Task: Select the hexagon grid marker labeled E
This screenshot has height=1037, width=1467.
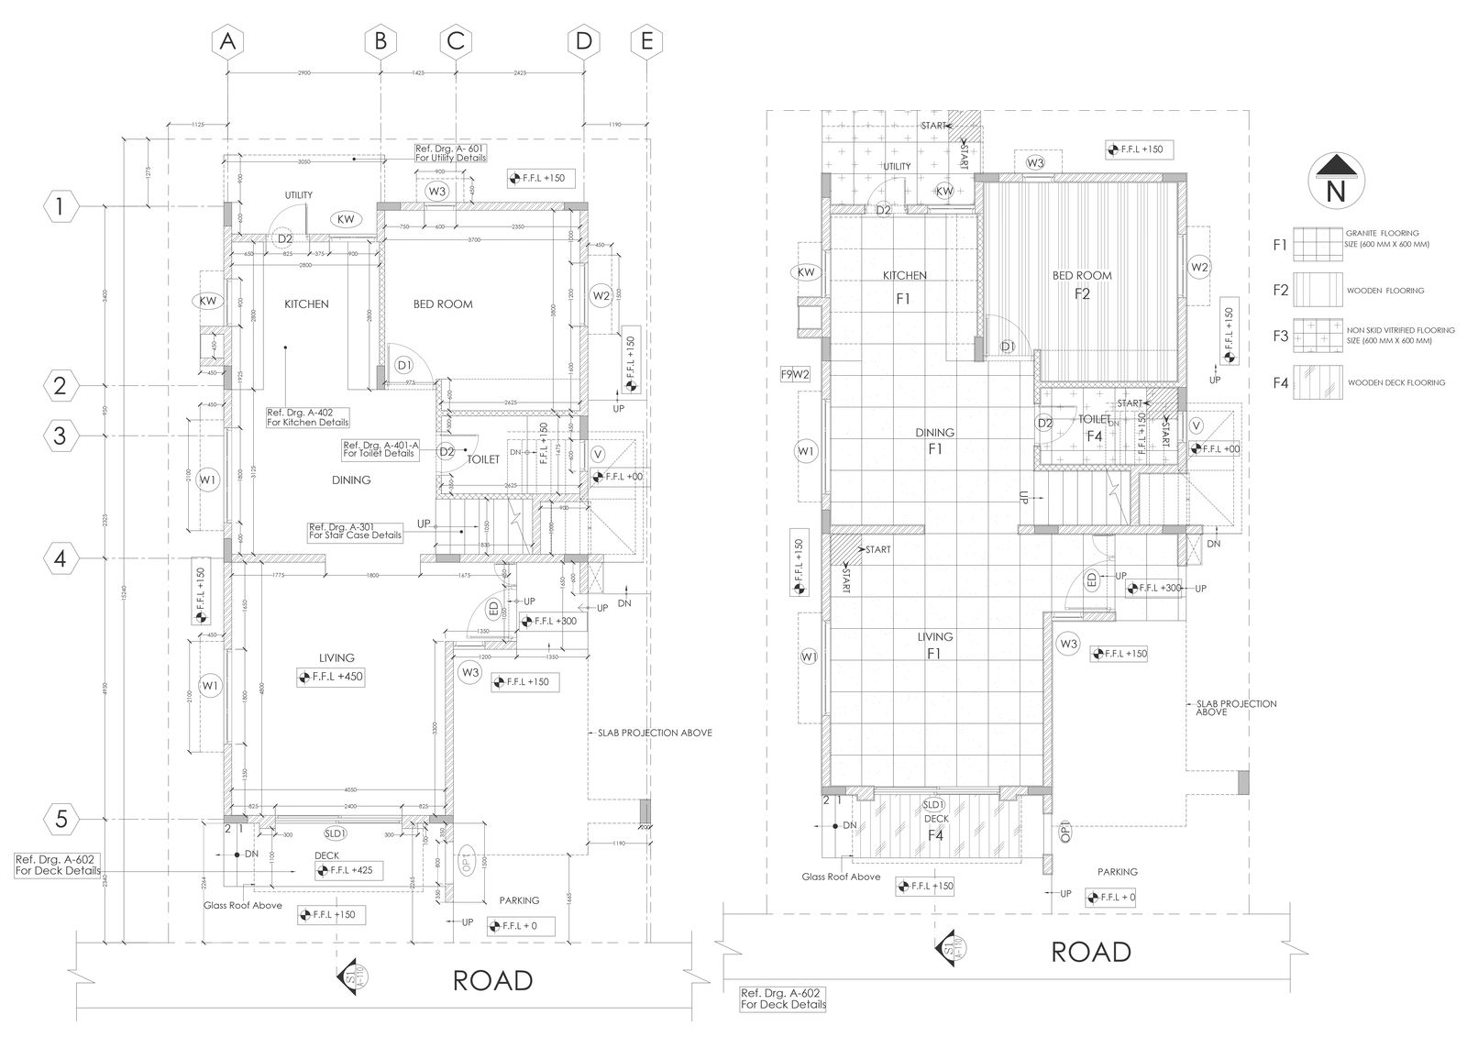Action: point(647,41)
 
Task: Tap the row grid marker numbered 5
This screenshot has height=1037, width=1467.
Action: point(60,819)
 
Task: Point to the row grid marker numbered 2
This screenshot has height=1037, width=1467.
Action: point(60,386)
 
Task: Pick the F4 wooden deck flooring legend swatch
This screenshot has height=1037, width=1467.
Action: point(1318,382)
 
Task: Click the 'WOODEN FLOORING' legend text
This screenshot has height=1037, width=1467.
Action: point(1385,291)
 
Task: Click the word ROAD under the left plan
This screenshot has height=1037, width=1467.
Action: point(492,980)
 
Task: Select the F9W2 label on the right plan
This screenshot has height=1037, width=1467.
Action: point(794,374)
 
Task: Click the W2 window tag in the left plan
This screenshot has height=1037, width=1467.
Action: point(601,295)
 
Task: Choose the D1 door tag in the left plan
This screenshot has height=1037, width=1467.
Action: point(404,365)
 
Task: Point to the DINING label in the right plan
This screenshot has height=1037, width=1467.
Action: point(934,433)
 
